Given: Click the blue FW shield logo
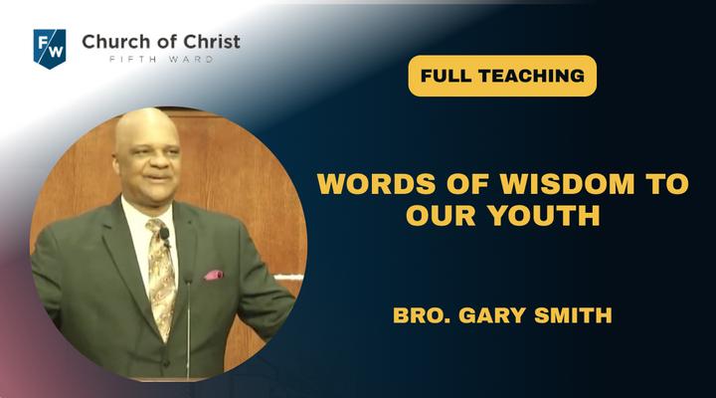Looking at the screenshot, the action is coord(50,49).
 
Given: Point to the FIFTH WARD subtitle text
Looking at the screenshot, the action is coord(161,59).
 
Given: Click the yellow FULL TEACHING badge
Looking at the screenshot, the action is coord(502,76).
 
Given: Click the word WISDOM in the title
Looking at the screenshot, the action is coord(567,184).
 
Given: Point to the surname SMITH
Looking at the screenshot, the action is coord(573,315).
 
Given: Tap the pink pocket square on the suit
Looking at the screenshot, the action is coord(213,275).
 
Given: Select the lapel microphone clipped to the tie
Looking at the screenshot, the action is coord(165,236).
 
